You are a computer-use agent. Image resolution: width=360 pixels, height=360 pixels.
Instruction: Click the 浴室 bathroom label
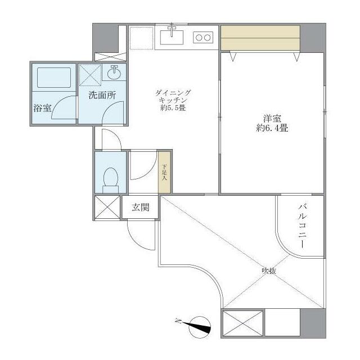click(x=43, y=108)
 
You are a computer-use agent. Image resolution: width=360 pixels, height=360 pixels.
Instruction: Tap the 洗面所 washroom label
click(x=102, y=95)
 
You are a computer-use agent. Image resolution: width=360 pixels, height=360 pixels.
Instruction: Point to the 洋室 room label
click(x=272, y=118)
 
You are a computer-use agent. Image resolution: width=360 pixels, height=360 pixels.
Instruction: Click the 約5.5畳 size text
click(x=173, y=108)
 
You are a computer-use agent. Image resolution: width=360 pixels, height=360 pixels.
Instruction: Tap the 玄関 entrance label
click(x=141, y=207)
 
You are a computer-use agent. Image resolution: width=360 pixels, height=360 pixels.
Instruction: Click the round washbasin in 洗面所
click(x=115, y=73)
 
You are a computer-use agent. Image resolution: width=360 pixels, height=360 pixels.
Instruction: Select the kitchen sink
click(x=172, y=37)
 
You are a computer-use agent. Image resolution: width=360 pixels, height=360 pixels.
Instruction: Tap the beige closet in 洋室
click(x=260, y=39)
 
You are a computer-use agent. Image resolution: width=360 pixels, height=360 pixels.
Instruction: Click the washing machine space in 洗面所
click(x=89, y=74)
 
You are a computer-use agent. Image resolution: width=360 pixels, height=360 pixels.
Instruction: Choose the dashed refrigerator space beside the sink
click(x=140, y=37)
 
